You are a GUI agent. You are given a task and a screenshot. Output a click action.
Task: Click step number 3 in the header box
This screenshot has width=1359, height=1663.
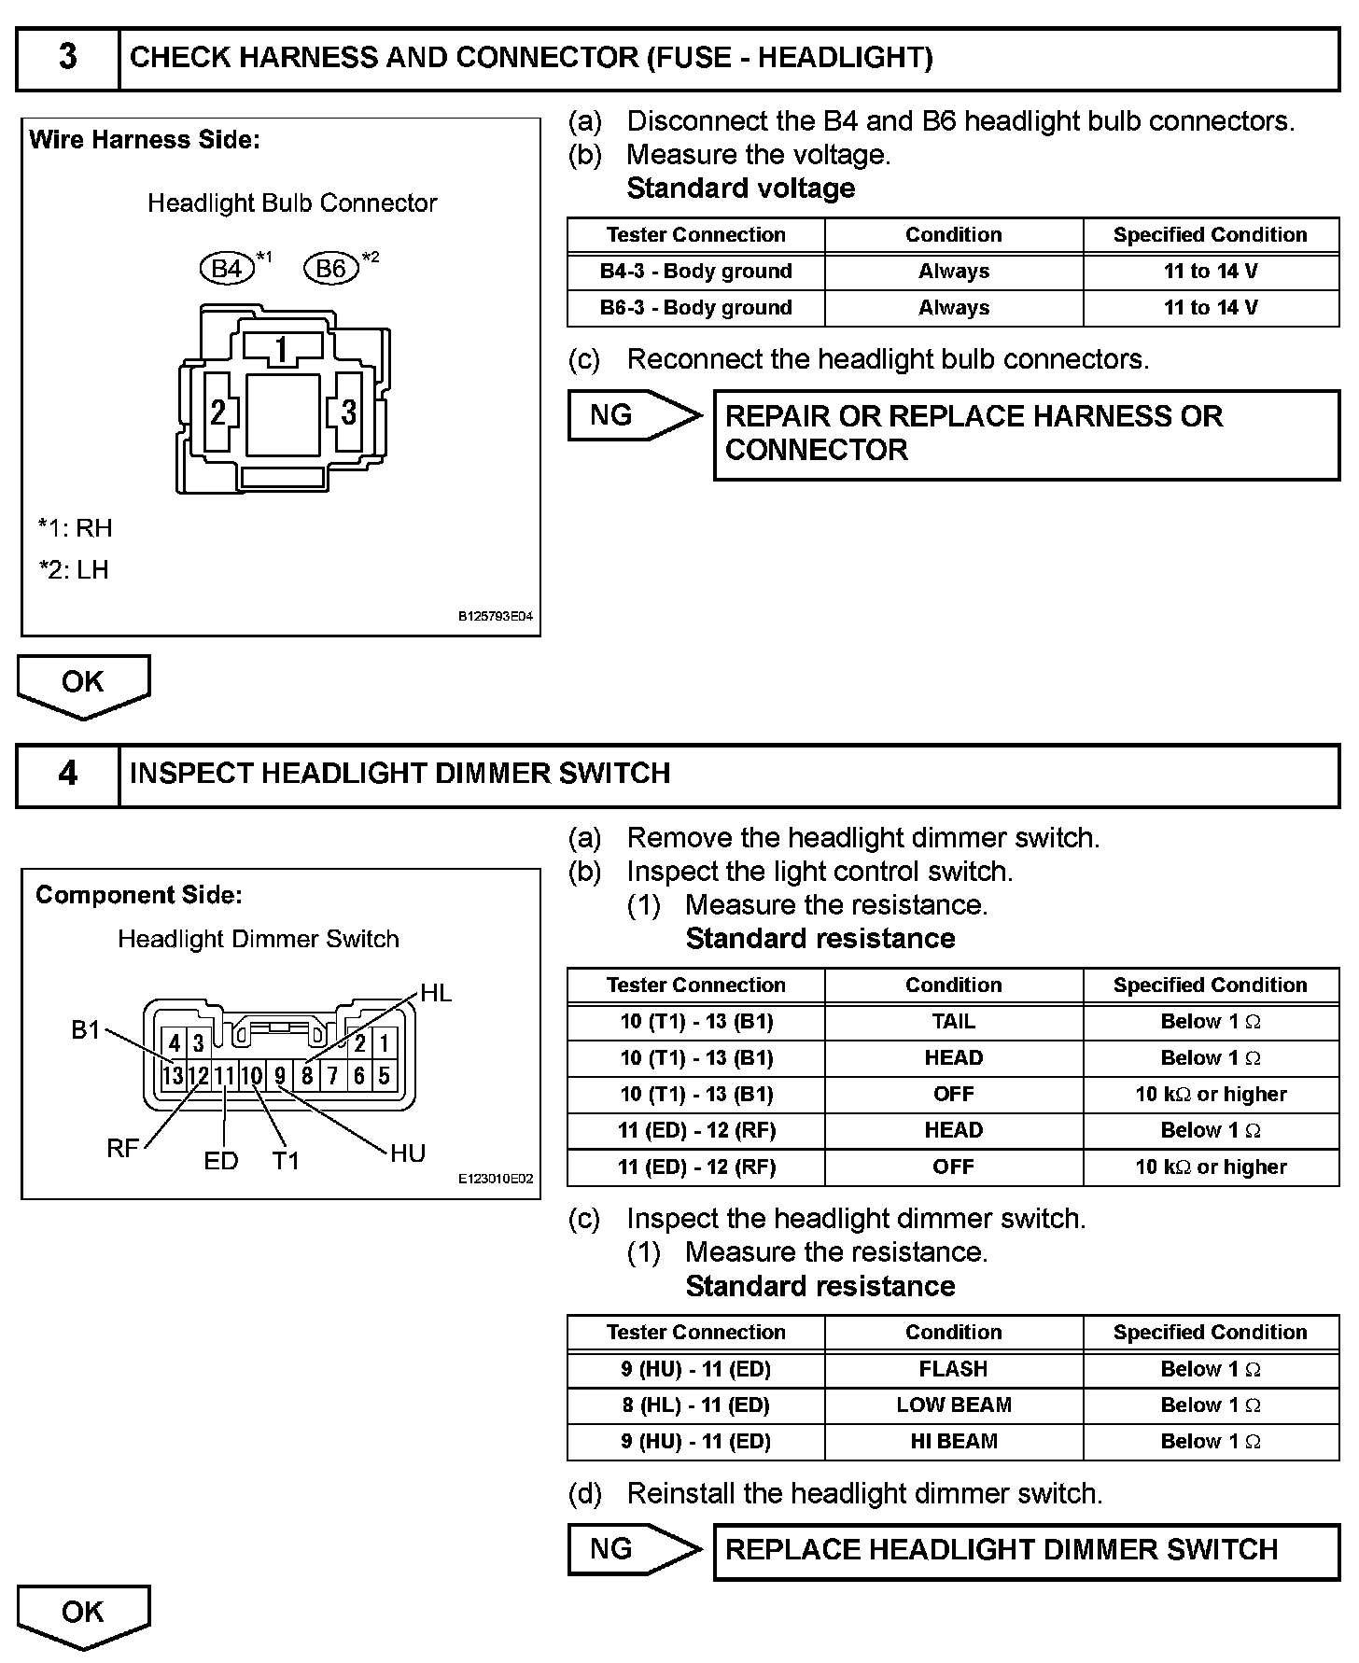tap(68, 57)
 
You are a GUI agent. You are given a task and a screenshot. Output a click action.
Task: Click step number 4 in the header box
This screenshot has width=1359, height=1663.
tap(68, 774)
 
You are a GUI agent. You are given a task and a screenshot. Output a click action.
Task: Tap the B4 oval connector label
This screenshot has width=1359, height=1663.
tap(227, 269)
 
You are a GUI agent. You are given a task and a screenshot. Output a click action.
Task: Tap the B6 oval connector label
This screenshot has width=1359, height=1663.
tap(331, 269)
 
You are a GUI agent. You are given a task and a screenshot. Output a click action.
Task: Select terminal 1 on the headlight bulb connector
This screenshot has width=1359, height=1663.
tap(282, 350)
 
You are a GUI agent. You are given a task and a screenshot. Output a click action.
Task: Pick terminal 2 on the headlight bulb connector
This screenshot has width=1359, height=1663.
tap(218, 412)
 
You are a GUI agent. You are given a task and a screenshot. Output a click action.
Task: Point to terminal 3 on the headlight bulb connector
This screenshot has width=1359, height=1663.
tap(348, 412)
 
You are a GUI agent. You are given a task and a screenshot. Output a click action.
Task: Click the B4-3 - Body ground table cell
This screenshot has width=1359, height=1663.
tap(695, 272)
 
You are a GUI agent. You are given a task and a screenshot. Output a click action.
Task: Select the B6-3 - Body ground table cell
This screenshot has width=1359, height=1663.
tap(695, 308)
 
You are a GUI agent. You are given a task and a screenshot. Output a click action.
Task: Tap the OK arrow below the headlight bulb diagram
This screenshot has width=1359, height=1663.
tap(83, 685)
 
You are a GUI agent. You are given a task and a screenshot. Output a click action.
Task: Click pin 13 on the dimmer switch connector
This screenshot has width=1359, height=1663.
tap(173, 1076)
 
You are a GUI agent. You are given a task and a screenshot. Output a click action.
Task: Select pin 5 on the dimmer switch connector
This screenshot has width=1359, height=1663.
tap(384, 1076)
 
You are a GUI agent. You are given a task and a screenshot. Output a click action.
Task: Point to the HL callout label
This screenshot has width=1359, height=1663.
tap(436, 993)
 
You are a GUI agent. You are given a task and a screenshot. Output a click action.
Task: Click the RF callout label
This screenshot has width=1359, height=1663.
tap(122, 1149)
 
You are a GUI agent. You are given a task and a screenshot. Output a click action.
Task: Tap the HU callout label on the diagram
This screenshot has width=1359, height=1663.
tap(408, 1154)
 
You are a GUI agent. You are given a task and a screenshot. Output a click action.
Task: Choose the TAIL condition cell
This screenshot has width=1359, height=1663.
tap(953, 1022)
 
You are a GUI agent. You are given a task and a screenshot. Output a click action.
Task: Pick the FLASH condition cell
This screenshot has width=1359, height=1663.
tap(953, 1369)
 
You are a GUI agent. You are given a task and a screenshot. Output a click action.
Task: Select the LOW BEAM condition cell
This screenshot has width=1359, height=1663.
tap(953, 1405)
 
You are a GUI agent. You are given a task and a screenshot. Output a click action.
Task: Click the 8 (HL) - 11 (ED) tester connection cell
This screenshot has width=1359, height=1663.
tap(695, 1405)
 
